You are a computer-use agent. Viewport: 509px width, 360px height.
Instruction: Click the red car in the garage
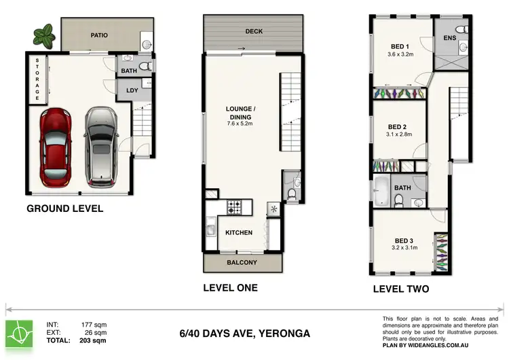55,148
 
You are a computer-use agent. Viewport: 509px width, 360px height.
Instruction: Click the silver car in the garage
100,147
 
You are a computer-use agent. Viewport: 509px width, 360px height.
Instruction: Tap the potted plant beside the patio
44,35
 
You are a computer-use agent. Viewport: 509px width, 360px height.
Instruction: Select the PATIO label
99,35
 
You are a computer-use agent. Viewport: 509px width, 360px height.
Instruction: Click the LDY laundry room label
132,90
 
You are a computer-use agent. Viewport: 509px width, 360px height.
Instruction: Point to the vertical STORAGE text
37,79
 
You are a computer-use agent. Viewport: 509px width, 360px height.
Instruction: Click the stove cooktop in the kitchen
234,207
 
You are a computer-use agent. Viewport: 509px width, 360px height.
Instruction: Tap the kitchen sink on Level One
211,226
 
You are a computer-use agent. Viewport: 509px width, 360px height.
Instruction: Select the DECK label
254,31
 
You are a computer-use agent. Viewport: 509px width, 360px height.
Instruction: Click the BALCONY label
242,262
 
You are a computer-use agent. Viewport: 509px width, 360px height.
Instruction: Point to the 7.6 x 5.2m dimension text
240,124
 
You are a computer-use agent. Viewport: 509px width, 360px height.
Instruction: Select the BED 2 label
397,127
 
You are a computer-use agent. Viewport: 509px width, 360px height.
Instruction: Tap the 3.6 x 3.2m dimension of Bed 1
400,54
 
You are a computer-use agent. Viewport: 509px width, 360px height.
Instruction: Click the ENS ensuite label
449,38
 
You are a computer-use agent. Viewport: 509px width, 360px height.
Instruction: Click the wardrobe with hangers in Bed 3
442,252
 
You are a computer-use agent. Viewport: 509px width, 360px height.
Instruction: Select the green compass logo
19,334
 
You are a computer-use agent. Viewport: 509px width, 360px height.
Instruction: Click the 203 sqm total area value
93,340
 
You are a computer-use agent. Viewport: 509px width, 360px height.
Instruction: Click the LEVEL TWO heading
401,289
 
